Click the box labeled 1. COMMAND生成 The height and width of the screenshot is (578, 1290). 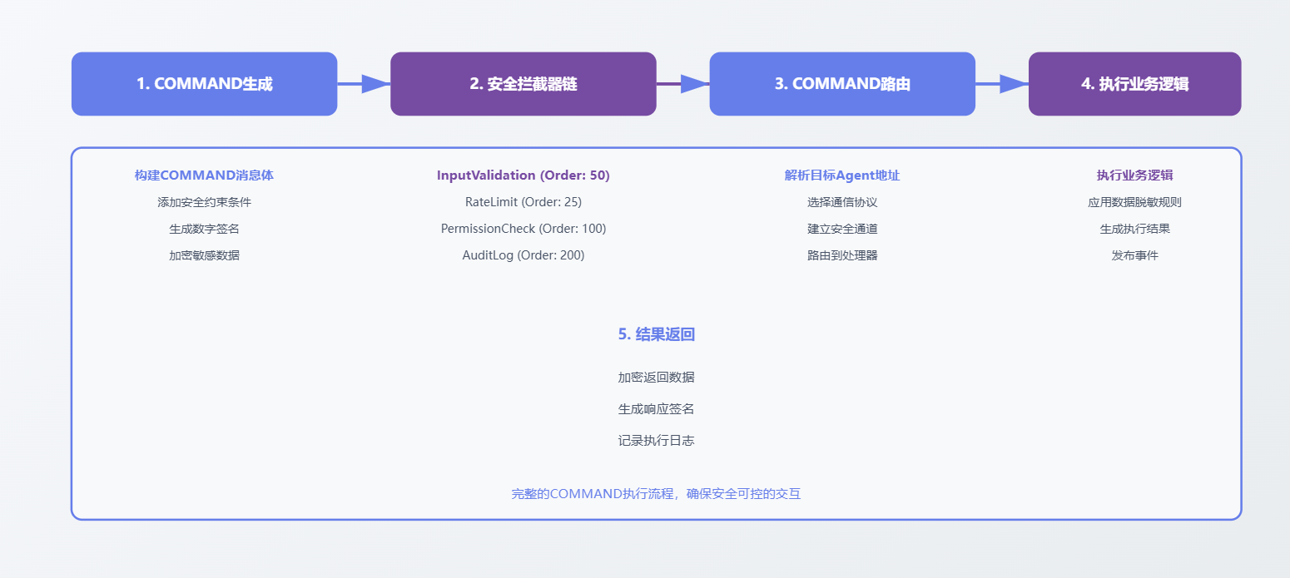(204, 84)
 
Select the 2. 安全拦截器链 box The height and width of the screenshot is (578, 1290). (523, 84)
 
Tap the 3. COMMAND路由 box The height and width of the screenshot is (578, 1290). (841, 84)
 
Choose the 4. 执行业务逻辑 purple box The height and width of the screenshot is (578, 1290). (1134, 84)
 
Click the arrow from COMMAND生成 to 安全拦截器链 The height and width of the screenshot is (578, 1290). (364, 84)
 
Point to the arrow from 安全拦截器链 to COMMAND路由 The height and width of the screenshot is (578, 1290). (682, 84)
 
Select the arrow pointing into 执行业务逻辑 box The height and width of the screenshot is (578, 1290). (1002, 84)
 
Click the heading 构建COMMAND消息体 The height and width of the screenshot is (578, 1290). (204, 175)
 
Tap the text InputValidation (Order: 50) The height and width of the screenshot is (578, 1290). (523, 175)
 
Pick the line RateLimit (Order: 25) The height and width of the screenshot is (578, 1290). (523, 202)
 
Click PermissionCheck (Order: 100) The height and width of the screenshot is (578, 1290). (523, 229)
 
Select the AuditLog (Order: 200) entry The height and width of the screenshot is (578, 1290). (523, 255)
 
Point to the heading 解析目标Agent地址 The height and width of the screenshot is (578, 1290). (841, 175)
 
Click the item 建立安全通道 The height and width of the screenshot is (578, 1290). (841, 229)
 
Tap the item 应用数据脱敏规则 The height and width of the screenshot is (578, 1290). (1134, 202)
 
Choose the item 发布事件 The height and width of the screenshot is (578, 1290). (1134, 255)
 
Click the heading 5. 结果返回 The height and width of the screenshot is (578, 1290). (656, 334)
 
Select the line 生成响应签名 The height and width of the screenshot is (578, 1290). (656, 409)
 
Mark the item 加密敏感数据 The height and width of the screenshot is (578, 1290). (204, 255)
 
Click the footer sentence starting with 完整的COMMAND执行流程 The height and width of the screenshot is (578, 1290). (656, 494)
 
